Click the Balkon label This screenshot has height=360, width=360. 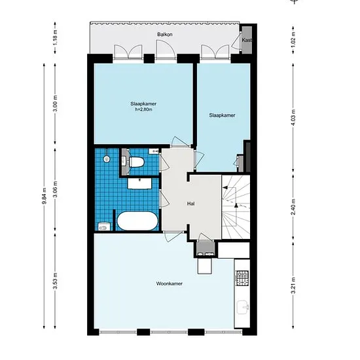pos(164,35)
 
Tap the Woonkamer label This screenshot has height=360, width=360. pos(170,283)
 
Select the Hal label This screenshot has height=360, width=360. pos(190,204)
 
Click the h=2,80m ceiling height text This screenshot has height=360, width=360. pos(143,109)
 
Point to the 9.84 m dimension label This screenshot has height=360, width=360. pos(45,196)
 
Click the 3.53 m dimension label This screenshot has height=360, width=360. pos(55,281)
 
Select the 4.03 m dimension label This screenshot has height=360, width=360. pos(293,118)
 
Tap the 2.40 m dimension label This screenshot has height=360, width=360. pos(293,207)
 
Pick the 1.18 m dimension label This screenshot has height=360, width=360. pos(55,38)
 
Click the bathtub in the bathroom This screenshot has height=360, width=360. pos(137,221)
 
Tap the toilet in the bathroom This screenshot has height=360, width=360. pos(136,162)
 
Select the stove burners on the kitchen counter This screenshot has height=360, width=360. pos(242,278)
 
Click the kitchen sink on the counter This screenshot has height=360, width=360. pos(243,307)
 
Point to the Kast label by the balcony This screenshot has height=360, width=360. pos(247,40)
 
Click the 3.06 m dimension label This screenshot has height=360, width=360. pos(55,189)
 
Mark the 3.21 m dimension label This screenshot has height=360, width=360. pos(293,285)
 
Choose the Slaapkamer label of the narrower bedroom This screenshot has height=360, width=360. pos(222,115)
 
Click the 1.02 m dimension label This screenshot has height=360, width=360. pos(293,40)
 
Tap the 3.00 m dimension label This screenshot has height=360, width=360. pos(55,103)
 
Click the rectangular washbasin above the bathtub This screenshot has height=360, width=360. pos(139,183)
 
